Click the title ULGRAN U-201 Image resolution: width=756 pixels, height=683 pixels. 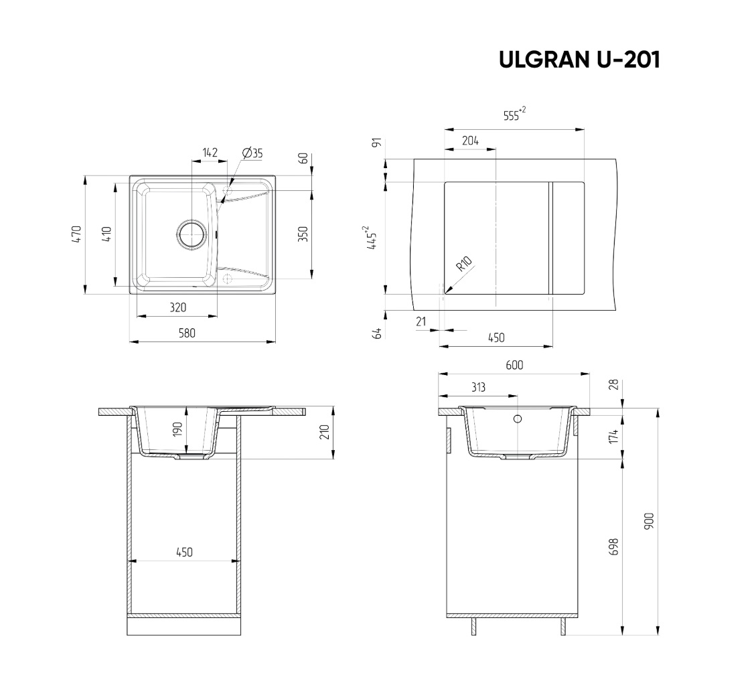[x=579, y=60]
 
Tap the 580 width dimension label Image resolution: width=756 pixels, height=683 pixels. [x=187, y=333]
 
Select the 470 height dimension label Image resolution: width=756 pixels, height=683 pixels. [x=76, y=234]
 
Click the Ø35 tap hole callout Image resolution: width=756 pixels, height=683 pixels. [x=252, y=153]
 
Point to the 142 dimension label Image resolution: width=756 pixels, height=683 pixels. [x=210, y=152]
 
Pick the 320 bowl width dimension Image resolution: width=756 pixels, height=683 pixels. [x=177, y=307]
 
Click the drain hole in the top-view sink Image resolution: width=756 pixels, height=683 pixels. [x=192, y=235]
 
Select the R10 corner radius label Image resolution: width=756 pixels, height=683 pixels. [x=465, y=264]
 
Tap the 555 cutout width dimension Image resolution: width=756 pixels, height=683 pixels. [x=514, y=115]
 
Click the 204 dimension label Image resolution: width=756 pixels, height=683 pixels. [x=470, y=141]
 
